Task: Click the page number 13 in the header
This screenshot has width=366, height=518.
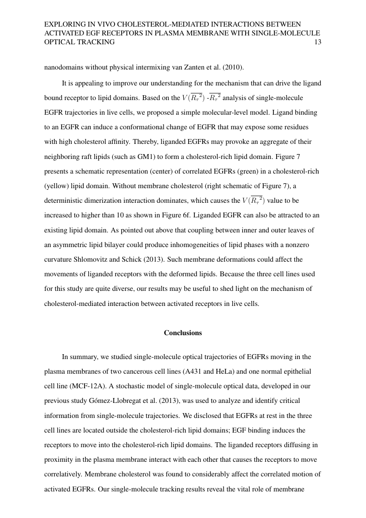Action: pos(317,42)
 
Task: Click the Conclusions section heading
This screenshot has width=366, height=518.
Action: pos(183,333)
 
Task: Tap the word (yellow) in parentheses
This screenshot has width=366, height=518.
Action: pos(57,186)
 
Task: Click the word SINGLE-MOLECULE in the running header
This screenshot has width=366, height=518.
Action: pos(285,33)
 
